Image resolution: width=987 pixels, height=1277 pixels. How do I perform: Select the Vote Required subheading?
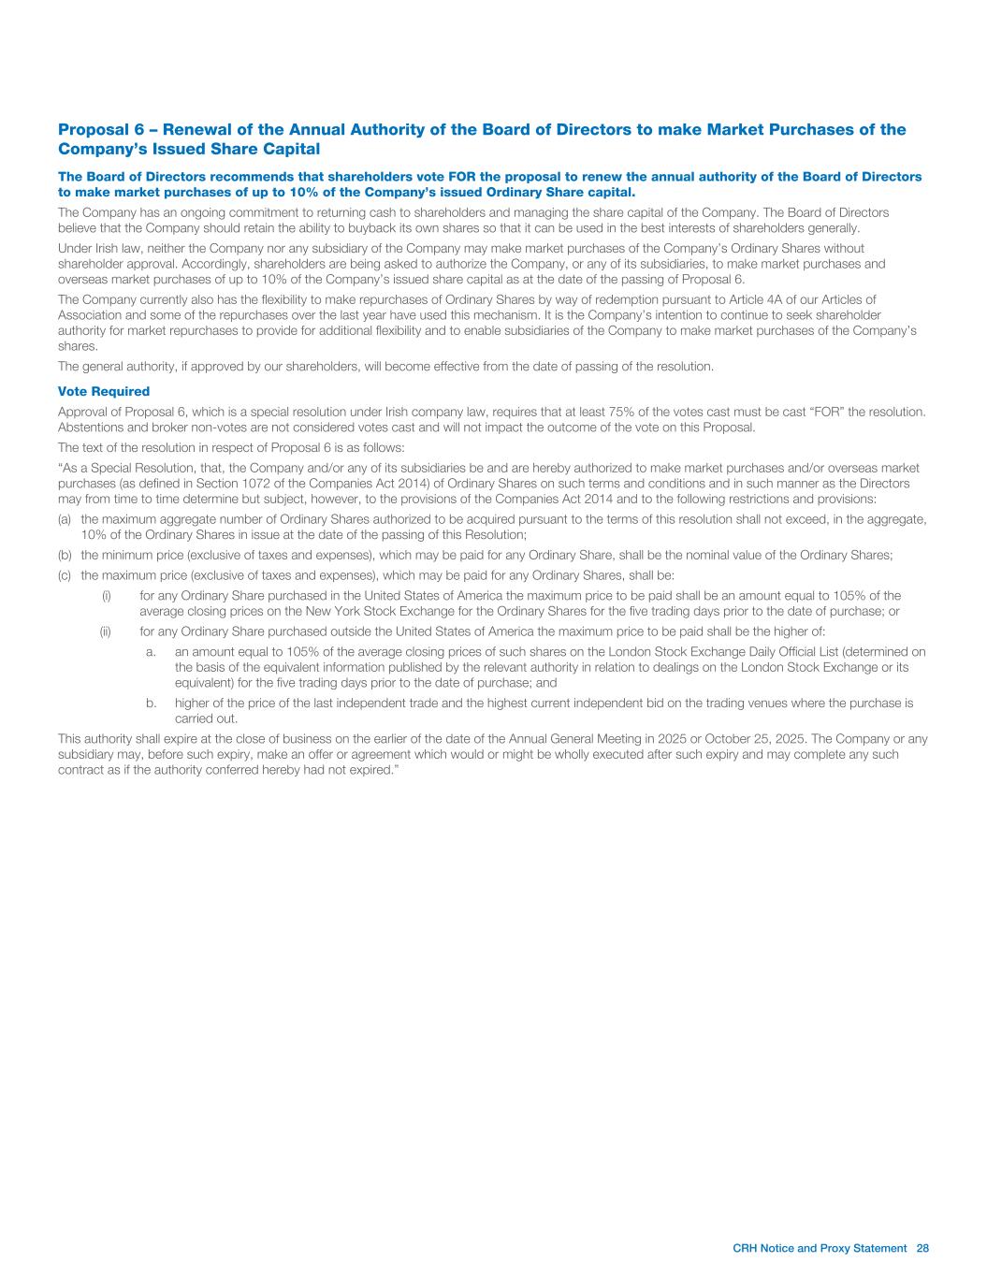[104, 391]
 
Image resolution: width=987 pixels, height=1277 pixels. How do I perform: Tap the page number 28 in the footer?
[922, 1248]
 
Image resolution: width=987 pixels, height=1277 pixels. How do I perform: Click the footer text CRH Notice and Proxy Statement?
[820, 1248]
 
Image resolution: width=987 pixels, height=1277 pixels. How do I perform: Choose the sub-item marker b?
[152, 703]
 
